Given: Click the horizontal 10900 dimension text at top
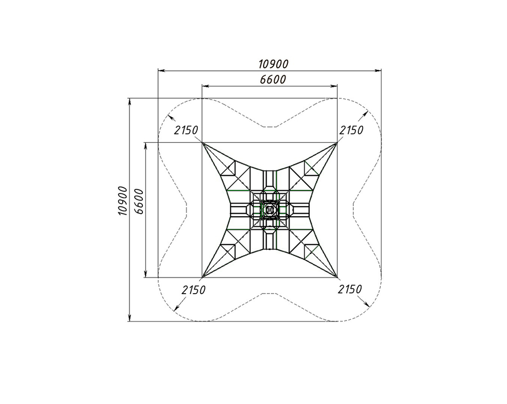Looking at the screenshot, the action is (x=273, y=64).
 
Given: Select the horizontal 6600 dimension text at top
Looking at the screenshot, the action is (x=273, y=79).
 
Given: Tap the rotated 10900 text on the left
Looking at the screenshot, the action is (x=123, y=201).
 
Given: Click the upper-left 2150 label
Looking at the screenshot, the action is (x=186, y=131).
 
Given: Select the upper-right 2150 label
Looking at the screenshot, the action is (x=351, y=131).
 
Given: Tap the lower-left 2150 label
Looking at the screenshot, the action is (x=193, y=290).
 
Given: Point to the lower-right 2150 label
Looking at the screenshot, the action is (x=350, y=290).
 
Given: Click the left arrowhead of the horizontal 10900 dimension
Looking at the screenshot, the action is (x=161, y=70).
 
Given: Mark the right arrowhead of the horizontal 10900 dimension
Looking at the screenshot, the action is (x=378, y=70).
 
